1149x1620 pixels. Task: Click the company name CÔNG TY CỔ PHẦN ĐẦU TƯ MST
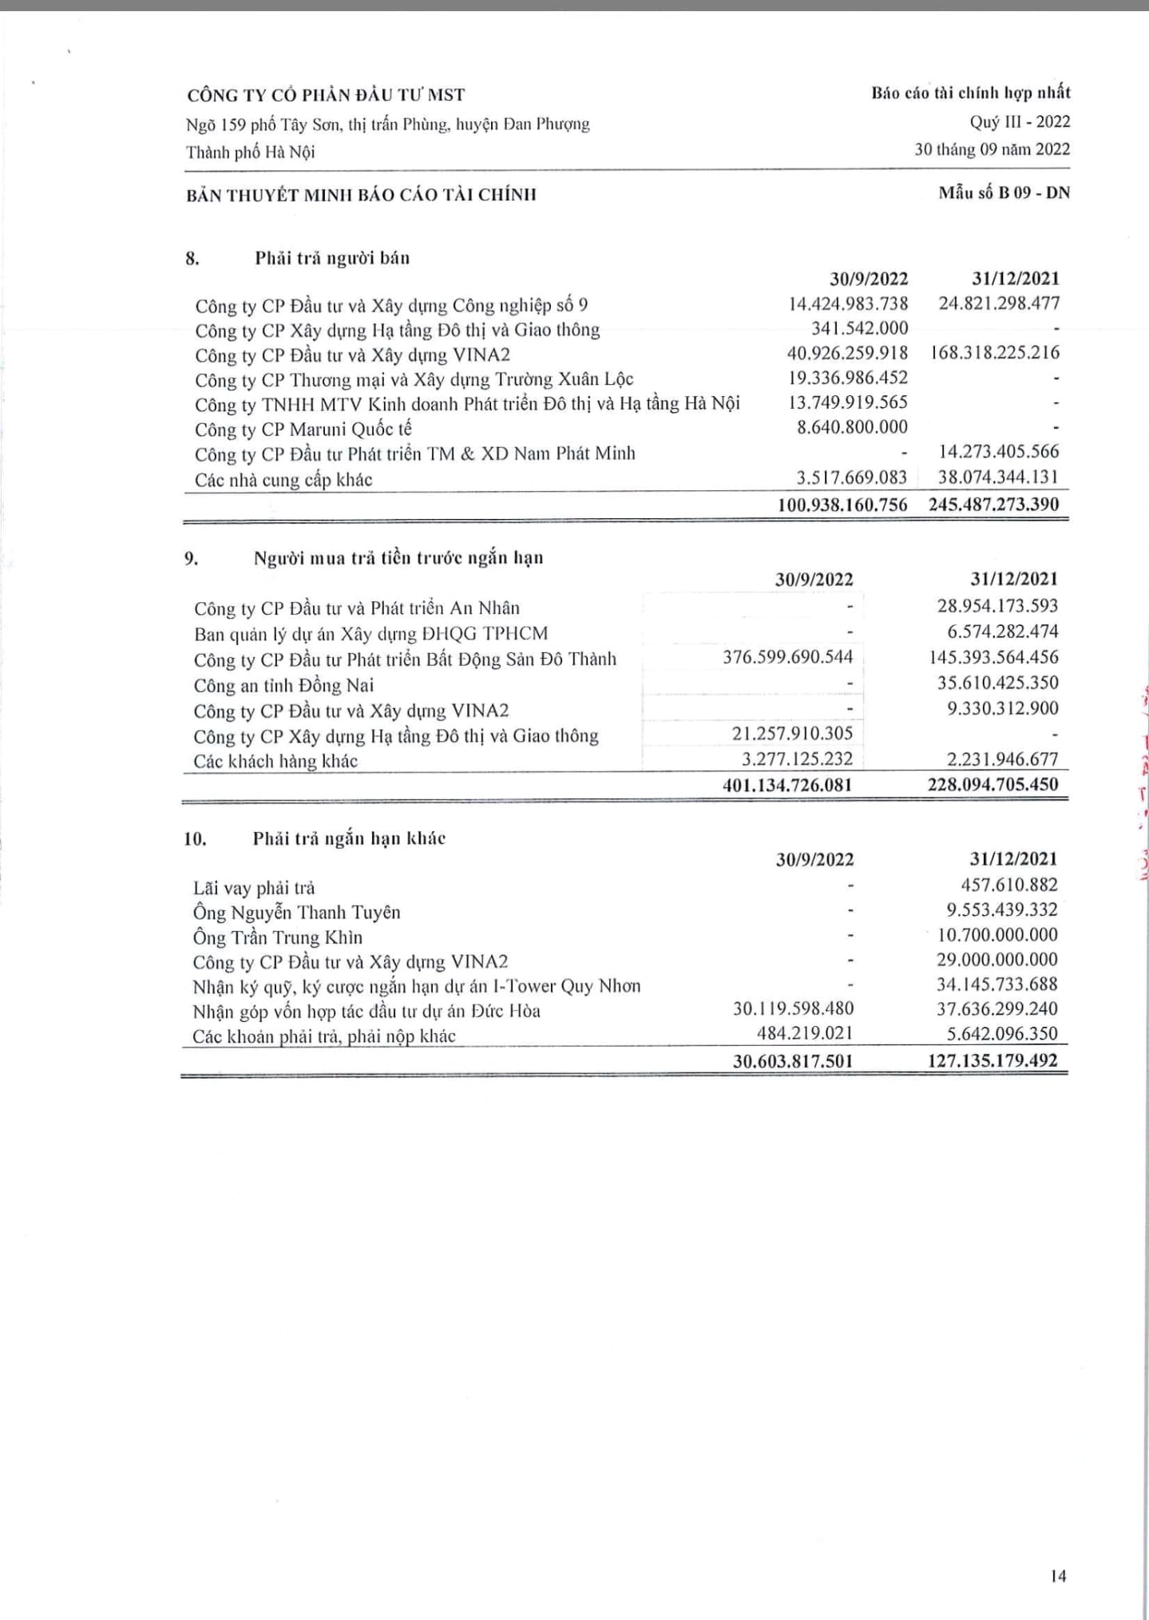coord(326,95)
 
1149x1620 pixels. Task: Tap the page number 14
coord(1058,1575)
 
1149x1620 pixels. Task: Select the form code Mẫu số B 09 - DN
coord(1004,192)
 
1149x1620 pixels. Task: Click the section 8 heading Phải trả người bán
coord(332,258)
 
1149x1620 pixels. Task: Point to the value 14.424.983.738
coord(848,303)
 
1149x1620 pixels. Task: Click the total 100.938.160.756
coord(842,504)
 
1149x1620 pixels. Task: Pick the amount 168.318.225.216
coord(995,352)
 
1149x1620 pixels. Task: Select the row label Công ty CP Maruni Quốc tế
coord(303,430)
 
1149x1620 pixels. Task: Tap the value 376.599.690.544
coord(787,657)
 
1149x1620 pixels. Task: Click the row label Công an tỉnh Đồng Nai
coord(283,685)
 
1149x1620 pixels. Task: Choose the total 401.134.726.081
coord(787,785)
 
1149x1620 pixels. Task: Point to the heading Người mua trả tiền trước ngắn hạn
coord(398,557)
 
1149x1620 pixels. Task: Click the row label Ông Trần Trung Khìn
coord(277,937)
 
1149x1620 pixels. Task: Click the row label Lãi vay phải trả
coord(254,887)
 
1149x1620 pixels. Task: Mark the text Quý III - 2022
coord(1020,121)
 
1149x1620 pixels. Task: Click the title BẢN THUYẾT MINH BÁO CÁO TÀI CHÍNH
coord(361,194)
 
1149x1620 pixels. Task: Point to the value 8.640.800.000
coord(852,427)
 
